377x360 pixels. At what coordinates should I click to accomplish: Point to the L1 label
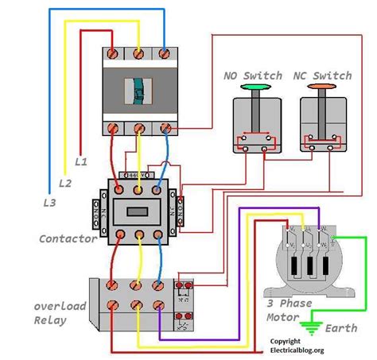tap(80, 161)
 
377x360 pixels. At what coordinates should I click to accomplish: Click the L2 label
tap(65, 183)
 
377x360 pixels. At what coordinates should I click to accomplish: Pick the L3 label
tap(50, 203)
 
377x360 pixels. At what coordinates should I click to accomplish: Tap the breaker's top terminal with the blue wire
tap(165, 53)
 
